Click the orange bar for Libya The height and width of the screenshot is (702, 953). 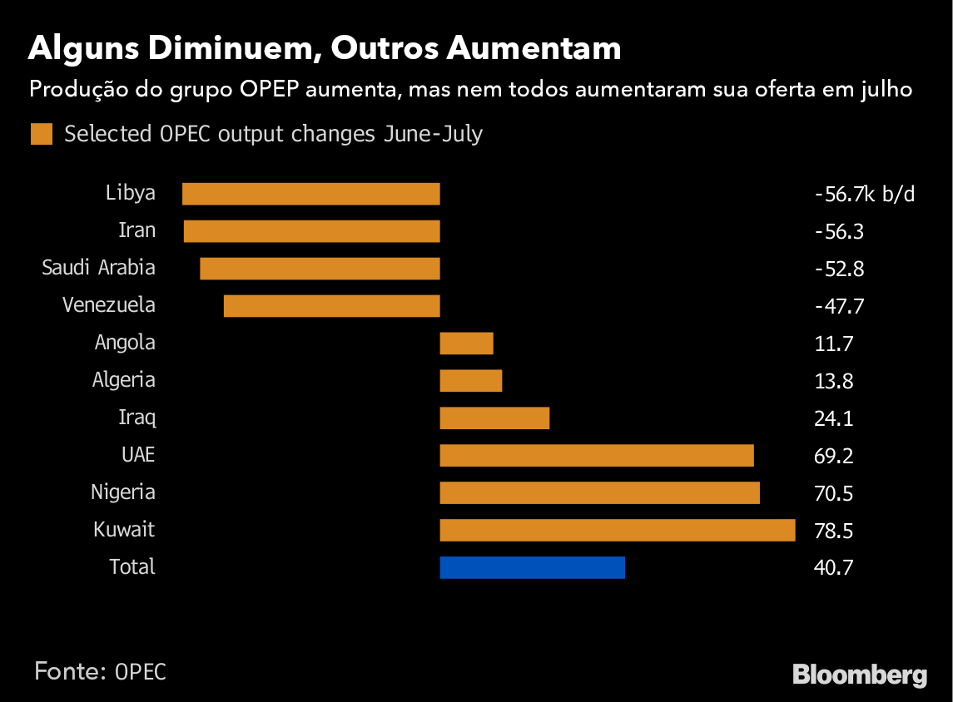[x=310, y=194]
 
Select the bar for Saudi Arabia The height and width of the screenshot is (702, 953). [x=320, y=269]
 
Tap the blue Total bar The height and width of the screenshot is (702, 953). [x=532, y=567]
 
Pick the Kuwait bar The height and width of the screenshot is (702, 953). [x=617, y=530]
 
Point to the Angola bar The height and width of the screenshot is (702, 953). [x=466, y=344]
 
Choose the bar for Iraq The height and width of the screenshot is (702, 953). [x=494, y=418]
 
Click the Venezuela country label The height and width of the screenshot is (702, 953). [x=109, y=305]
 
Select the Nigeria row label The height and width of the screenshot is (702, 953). [x=123, y=492]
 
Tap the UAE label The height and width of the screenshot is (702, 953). [x=138, y=455]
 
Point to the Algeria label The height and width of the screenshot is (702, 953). [x=124, y=380]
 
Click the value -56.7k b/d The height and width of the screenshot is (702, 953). [x=864, y=195]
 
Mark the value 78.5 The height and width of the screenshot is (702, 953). [x=834, y=531]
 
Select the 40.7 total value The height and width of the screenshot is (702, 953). [x=834, y=568]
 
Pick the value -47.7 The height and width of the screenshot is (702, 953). [x=839, y=306]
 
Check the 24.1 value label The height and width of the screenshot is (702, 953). [x=834, y=418]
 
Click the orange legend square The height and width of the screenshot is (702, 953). [x=42, y=134]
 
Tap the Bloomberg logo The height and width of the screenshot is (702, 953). [x=860, y=674]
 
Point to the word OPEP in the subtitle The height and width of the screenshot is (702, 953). [x=270, y=89]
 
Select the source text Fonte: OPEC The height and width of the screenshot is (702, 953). [x=100, y=671]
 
